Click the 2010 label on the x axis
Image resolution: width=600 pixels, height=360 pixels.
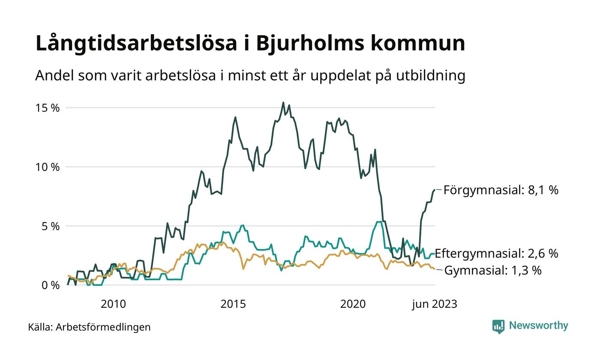tap(113, 304)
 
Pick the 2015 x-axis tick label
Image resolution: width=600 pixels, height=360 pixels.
tap(233, 304)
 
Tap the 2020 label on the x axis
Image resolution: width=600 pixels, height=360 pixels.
tap(353, 304)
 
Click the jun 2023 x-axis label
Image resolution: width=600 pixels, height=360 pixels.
tap(435, 304)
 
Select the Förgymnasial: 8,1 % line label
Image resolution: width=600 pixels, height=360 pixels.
tap(501, 190)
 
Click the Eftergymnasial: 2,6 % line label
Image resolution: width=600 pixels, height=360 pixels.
tap(496, 253)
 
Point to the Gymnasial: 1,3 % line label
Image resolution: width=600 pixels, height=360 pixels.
tap(492, 271)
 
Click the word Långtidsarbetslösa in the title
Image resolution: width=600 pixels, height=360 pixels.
tap(136, 44)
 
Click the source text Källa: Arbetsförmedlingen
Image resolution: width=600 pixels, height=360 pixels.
tap(89, 327)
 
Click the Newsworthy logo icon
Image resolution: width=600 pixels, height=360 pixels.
tap(498, 327)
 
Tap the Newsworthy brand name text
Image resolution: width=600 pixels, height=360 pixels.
tap(538, 326)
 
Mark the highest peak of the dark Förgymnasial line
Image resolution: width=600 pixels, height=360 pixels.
tap(283, 102)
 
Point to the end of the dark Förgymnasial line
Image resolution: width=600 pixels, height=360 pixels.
tap(434, 189)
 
